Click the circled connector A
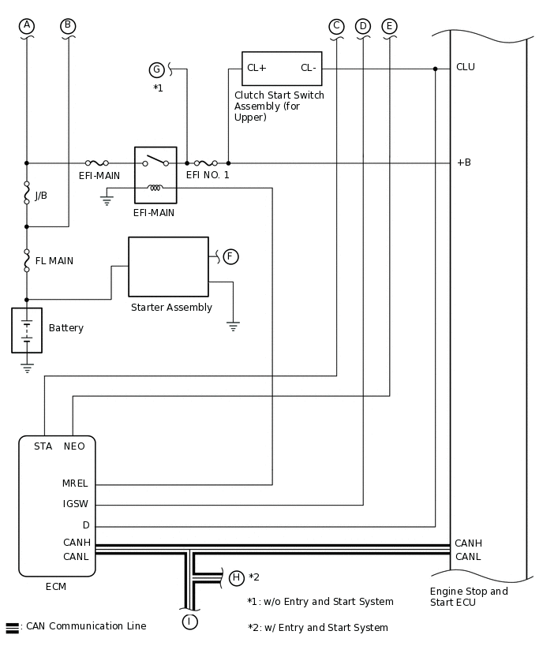click(27, 26)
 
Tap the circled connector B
click(68, 26)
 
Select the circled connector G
click(156, 69)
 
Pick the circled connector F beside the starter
click(230, 256)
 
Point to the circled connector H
click(236, 578)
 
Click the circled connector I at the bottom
click(189, 622)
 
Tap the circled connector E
click(389, 26)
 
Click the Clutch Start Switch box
click(282, 69)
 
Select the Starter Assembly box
click(168, 267)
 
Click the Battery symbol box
click(27, 330)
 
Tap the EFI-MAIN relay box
click(155, 175)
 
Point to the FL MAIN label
click(54, 261)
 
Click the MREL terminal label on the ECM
click(75, 483)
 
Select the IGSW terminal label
click(76, 504)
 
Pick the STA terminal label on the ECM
click(43, 446)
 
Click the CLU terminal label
click(465, 67)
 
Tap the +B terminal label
click(463, 162)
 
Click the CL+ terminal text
click(257, 68)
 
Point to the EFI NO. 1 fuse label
click(208, 175)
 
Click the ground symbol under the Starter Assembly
click(233, 325)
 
